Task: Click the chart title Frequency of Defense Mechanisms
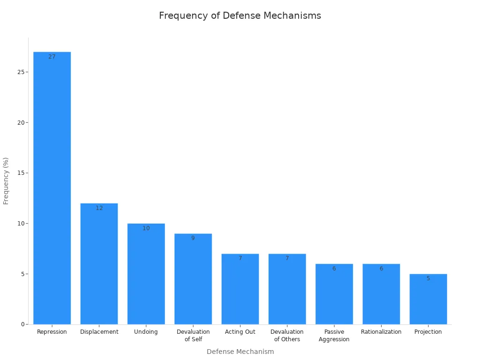(x=240, y=15)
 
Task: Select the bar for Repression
(x=52, y=187)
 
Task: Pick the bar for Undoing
(x=146, y=274)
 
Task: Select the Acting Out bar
(x=240, y=289)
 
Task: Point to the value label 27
(x=52, y=57)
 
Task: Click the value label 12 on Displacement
(x=99, y=208)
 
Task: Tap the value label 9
(x=193, y=238)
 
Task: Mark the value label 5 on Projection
(x=428, y=278)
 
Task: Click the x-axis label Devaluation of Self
(x=193, y=336)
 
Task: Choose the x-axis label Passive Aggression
(x=334, y=336)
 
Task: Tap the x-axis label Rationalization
(x=381, y=332)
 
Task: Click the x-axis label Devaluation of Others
(x=287, y=336)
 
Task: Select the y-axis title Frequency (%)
(x=6, y=180)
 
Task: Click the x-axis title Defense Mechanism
(x=240, y=352)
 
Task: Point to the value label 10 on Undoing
(x=146, y=228)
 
